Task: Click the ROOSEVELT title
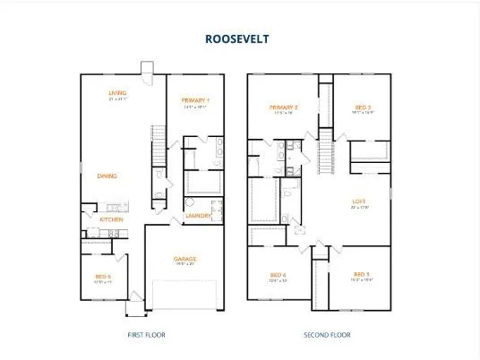click(x=237, y=39)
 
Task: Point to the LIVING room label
click(x=116, y=92)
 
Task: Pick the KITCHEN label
click(x=111, y=219)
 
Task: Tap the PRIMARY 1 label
click(x=195, y=99)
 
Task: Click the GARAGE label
click(x=185, y=259)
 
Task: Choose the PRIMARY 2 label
click(x=284, y=107)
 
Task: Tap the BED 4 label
click(x=279, y=274)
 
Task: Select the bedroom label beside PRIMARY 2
click(x=362, y=107)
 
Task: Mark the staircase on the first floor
click(x=159, y=148)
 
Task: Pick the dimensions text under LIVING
click(x=116, y=99)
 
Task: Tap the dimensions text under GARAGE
click(x=185, y=264)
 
